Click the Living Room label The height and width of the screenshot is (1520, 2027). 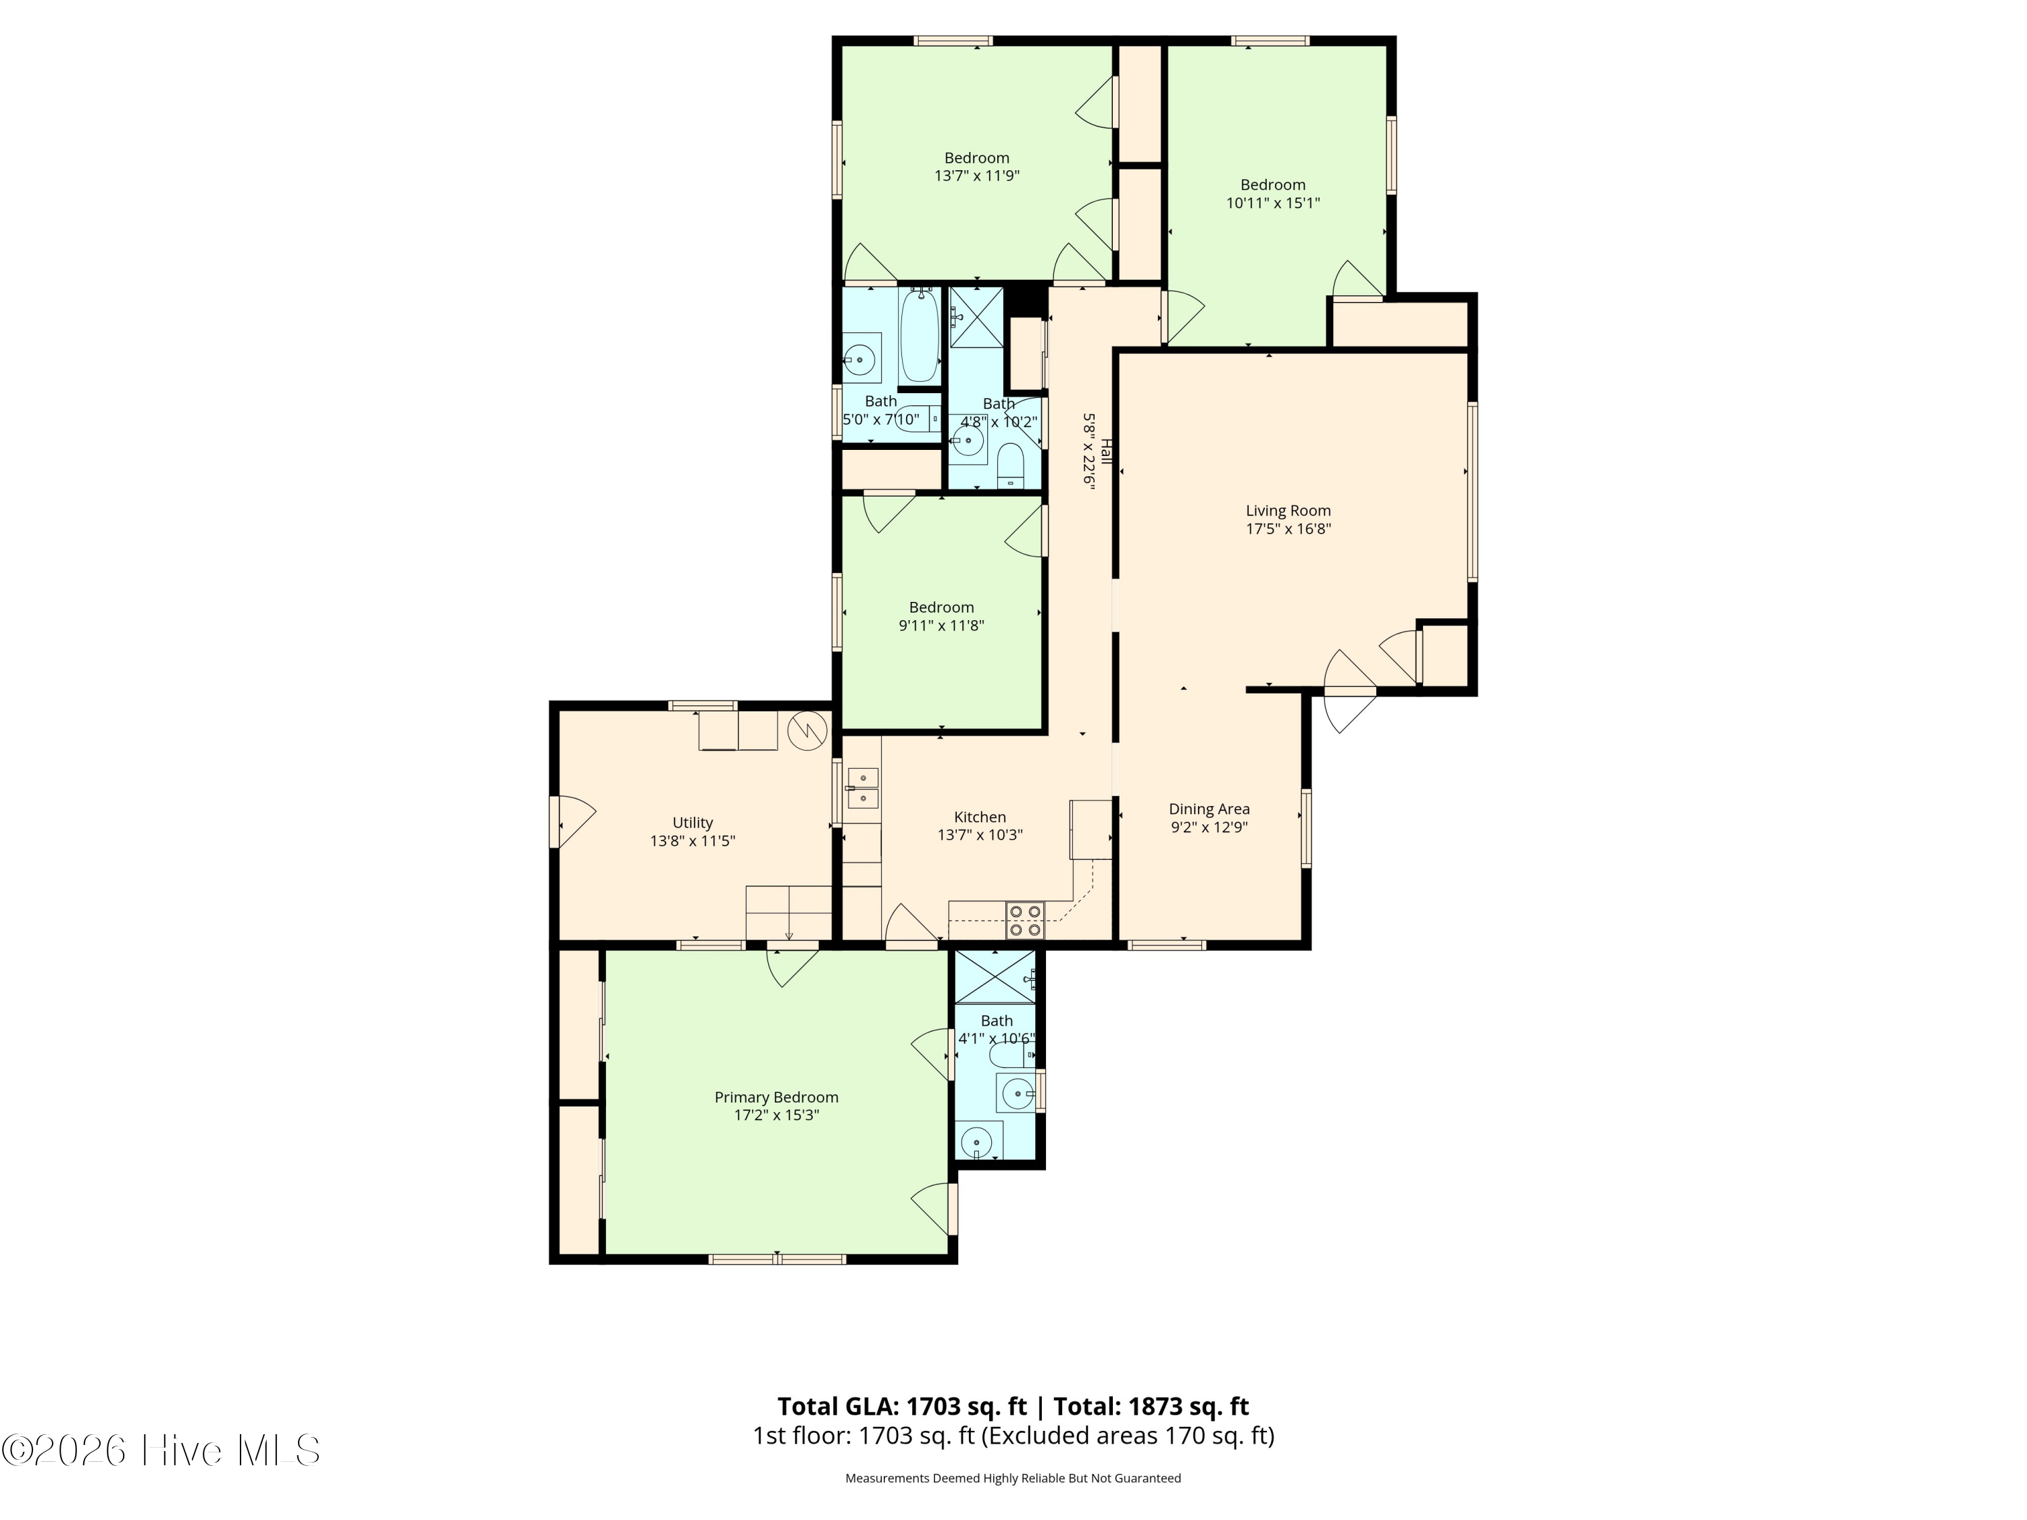click(x=1288, y=511)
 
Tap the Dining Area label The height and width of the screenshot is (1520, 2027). click(x=1209, y=809)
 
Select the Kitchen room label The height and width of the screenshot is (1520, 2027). click(x=980, y=817)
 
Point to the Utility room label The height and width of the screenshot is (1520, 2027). click(x=692, y=823)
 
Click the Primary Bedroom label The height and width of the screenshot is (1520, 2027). click(x=776, y=1098)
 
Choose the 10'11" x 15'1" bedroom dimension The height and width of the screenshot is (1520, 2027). click(x=1273, y=203)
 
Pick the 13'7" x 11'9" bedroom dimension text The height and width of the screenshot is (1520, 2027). click(x=977, y=176)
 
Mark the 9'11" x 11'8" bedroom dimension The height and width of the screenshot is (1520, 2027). click(x=941, y=626)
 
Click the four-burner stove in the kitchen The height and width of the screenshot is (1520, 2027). click(x=1024, y=921)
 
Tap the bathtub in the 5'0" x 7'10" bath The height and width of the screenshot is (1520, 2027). click(x=919, y=335)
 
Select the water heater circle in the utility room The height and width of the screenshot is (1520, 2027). click(x=807, y=730)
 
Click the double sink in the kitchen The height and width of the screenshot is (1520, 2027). click(x=862, y=788)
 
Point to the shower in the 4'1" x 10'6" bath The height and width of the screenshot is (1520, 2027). click(x=995, y=977)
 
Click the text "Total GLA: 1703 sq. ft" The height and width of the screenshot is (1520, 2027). click(x=902, y=1407)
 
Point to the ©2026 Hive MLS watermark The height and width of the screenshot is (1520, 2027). click(x=161, y=1450)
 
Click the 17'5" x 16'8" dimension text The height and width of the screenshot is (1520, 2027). click(x=1288, y=529)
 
